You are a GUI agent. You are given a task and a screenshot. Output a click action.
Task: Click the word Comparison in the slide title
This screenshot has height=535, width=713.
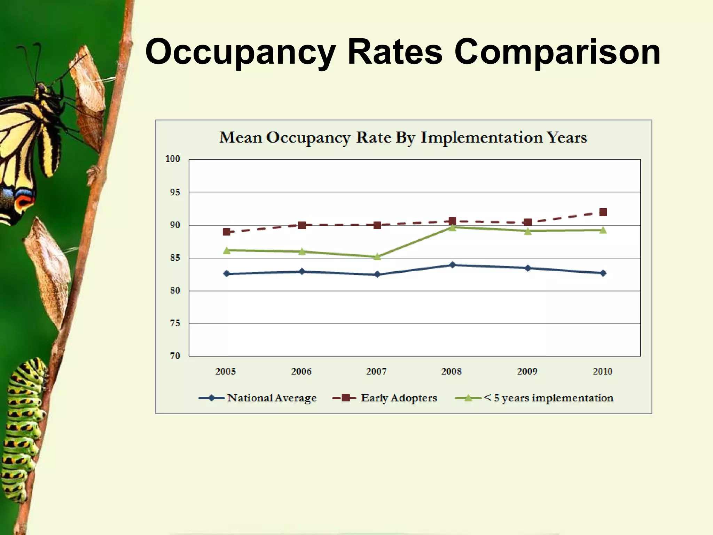click(557, 52)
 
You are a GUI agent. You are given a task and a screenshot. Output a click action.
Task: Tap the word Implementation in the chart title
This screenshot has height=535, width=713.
click(482, 138)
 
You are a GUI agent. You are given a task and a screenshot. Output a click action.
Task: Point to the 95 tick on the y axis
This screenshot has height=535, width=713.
click(175, 192)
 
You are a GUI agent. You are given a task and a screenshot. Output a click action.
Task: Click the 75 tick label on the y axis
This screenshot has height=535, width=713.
click(175, 323)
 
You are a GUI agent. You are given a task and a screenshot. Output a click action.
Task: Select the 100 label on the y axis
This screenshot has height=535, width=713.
click(173, 159)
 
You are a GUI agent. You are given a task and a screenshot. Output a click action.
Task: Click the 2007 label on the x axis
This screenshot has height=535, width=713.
click(376, 372)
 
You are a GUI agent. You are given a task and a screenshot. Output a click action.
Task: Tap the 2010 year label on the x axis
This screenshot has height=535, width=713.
click(603, 372)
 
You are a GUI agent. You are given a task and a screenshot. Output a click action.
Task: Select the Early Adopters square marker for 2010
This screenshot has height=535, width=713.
click(603, 212)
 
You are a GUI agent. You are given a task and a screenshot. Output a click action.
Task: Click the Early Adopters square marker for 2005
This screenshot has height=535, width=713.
click(226, 232)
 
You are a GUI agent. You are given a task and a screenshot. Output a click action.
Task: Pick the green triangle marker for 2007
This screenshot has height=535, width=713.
click(377, 257)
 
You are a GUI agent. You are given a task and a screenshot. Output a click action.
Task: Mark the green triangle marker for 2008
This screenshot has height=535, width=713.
click(452, 227)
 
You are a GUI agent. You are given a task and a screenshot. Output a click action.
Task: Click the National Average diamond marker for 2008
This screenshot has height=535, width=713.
click(452, 265)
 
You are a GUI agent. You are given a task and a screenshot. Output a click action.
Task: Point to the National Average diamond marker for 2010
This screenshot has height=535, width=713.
click(603, 273)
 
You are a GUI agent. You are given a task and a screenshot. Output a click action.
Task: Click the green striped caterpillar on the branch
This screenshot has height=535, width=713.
click(23, 428)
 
